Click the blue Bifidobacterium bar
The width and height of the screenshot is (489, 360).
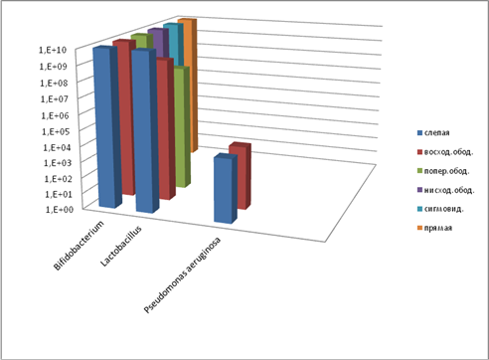pyautogui.click(x=105, y=127)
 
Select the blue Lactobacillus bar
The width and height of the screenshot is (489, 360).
pyautogui.click(x=144, y=131)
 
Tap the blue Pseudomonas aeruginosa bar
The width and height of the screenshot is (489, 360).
pyautogui.click(x=225, y=189)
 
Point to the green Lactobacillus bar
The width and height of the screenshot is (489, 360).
pyautogui.click(x=182, y=127)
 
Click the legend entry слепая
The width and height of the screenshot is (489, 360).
pyautogui.click(x=433, y=133)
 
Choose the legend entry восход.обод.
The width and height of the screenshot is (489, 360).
pyautogui.click(x=445, y=152)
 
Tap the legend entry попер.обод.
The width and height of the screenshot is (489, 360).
pyautogui.click(x=443, y=171)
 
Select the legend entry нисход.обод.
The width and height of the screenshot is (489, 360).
pyautogui.click(x=446, y=190)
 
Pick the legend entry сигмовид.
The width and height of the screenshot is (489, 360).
pyautogui.click(x=440, y=209)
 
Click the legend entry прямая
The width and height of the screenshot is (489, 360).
pyautogui.click(x=434, y=228)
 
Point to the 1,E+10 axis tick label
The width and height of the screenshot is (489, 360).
pyautogui.click(x=53, y=50)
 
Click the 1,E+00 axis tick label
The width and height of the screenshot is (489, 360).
pyautogui.click(x=59, y=209)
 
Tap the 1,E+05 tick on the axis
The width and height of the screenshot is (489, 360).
pyautogui.click(x=56, y=131)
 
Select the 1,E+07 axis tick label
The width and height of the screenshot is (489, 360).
pyautogui.click(x=55, y=98)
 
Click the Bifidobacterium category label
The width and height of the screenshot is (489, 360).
pyautogui.click(x=79, y=246)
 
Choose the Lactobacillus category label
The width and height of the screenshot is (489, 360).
pyautogui.click(x=121, y=246)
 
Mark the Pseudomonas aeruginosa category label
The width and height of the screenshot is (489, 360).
pyautogui.click(x=183, y=274)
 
